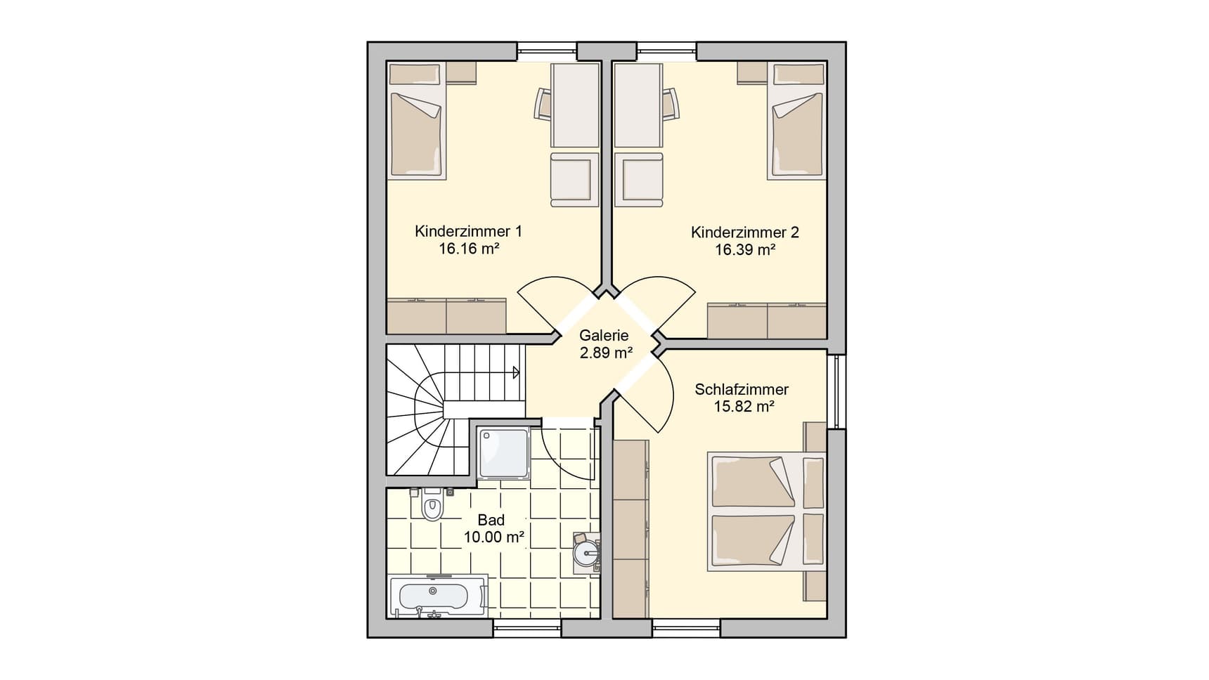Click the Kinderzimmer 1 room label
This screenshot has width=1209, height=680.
pos(468,231)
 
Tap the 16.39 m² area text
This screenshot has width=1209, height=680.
pos(745,249)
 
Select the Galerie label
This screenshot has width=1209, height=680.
pos(604,336)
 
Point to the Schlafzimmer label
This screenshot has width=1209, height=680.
pos(742,389)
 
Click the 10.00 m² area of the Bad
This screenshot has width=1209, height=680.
pos(494,537)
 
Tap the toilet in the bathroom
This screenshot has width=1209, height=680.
pos(432,504)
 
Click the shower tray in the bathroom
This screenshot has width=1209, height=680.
pos(504,453)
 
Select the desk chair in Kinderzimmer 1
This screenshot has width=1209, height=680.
pos(543,103)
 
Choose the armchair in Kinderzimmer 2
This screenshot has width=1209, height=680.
pos(639,180)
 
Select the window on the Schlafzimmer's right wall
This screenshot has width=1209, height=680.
pos(836,391)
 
